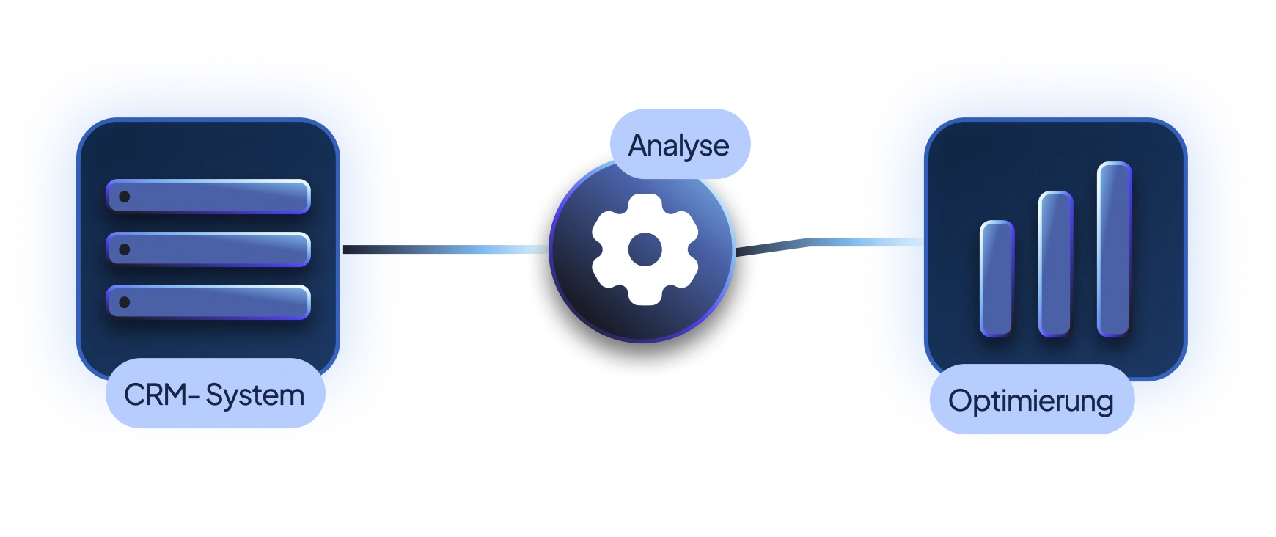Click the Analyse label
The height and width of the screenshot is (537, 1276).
[x=679, y=145]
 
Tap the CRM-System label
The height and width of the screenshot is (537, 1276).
[x=214, y=395]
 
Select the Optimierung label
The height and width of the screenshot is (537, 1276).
[x=1031, y=401]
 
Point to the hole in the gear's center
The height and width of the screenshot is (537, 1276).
[x=645, y=249]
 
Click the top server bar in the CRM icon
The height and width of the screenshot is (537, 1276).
[x=209, y=197]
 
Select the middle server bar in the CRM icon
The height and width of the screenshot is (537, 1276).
[x=209, y=249]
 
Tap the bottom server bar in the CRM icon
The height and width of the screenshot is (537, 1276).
[x=209, y=302]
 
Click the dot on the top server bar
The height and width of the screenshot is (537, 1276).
[x=125, y=197]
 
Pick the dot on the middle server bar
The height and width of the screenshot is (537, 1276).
[x=125, y=249]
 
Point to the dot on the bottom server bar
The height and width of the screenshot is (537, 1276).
[x=125, y=302]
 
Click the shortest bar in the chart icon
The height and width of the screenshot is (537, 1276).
[x=997, y=279]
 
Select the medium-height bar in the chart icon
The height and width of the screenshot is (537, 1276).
[x=1055, y=264]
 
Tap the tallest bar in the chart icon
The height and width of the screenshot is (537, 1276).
[x=1114, y=249]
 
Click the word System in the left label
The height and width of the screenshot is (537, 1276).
[x=254, y=396]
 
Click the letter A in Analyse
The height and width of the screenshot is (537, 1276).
[x=639, y=145]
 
